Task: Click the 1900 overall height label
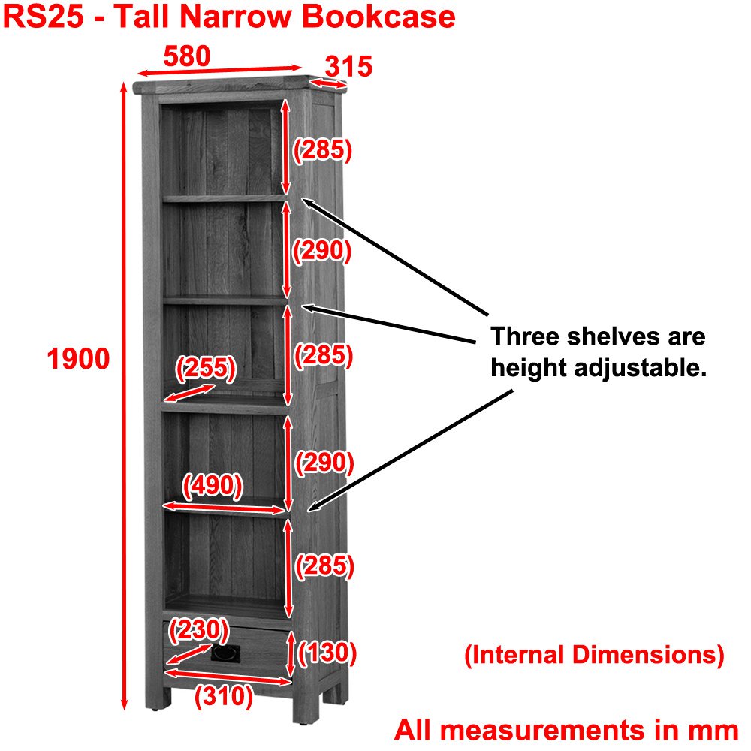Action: point(78,360)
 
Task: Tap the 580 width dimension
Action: point(187,56)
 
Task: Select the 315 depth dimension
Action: point(349,67)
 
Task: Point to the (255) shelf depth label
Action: point(205,369)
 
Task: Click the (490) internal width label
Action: point(212,486)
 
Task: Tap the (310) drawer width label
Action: point(223,697)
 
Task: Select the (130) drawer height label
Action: point(327,653)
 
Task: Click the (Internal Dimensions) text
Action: point(594,655)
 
